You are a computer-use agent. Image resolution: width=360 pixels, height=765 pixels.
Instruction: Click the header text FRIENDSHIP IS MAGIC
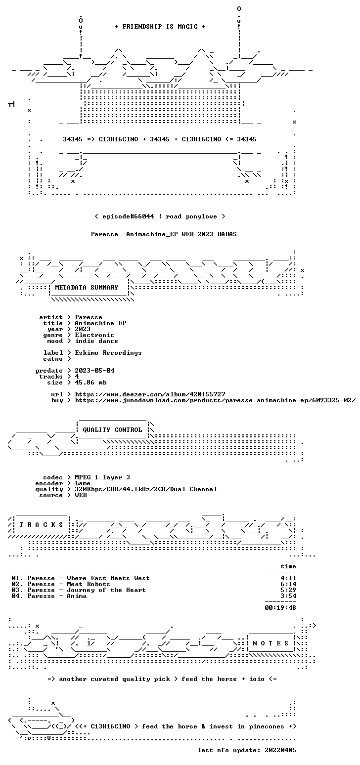[x=160, y=27]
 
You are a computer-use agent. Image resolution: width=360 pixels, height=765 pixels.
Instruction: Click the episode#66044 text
[x=128, y=216]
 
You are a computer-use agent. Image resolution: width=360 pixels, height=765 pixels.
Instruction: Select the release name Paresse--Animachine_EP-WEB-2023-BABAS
[x=163, y=234]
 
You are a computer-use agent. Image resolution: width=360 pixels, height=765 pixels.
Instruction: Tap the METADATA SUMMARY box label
[x=87, y=288]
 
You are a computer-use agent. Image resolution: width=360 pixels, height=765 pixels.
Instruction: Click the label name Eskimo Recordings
[x=108, y=353]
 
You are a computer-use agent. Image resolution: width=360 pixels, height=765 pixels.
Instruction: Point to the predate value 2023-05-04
[x=95, y=371]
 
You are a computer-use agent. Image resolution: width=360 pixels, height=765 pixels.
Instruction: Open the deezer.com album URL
[x=150, y=394]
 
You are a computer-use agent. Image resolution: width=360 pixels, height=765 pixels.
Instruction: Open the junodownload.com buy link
[x=215, y=400]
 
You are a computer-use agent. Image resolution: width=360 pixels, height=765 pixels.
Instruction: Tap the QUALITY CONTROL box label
[x=112, y=430]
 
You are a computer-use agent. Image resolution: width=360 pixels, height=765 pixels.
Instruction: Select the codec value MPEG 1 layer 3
[x=102, y=477]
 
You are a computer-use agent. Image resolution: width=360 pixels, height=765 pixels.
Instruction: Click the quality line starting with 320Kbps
[x=146, y=489]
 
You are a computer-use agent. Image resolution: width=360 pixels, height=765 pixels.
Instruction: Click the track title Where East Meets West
[x=108, y=578]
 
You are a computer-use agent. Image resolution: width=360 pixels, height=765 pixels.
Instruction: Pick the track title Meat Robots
[x=89, y=584]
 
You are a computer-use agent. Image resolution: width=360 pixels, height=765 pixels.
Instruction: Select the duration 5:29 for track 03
[x=288, y=590]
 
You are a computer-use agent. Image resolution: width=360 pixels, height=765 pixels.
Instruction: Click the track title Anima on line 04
[x=77, y=596]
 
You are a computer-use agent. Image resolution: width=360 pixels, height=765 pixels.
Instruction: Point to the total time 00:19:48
[x=280, y=608]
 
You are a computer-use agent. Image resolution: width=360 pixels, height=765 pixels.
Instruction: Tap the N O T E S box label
[x=270, y=643]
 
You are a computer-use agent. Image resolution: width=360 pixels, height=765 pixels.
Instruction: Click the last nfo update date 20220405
[x=280, y=750]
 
